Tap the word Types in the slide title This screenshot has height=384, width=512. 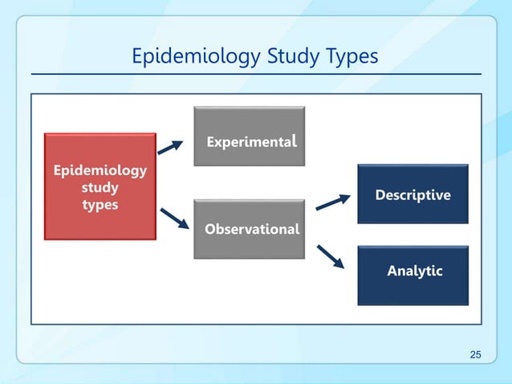pyautogui.click(x=345, y=57)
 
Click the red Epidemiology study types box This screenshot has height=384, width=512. pyautogui.click(x=100, y=186)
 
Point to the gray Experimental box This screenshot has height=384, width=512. pyautogui.click(x=250, y=136)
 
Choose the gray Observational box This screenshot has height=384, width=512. pyautogui.click(x=250, y=229)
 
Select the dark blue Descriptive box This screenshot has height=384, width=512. pyautogui.click(x=412, y=194)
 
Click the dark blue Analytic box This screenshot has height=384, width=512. pyautogui.click(x=412, y=276)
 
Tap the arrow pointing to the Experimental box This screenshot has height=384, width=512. pyautogui.click(x=170, y=145)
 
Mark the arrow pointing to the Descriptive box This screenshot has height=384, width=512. pyautogui.click(x=332, y=202)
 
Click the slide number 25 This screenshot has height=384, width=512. pyautogui.click(x=476, y=355)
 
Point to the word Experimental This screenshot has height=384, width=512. pyautogui.click(x=252, y=142)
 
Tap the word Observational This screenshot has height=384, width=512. pyautogui.click(x=251, y=229)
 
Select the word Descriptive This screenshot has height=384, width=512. pyautogui.click(x=412, y=195)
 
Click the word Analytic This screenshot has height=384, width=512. pyautogui.click(x=414, y=271)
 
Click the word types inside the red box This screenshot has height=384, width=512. pyautogui.click(x=100, y=205)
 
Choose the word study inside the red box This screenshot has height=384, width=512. pyautogui.click(x=100, y=188)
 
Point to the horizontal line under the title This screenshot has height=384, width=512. pyautogui.click(x=256, y=75)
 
